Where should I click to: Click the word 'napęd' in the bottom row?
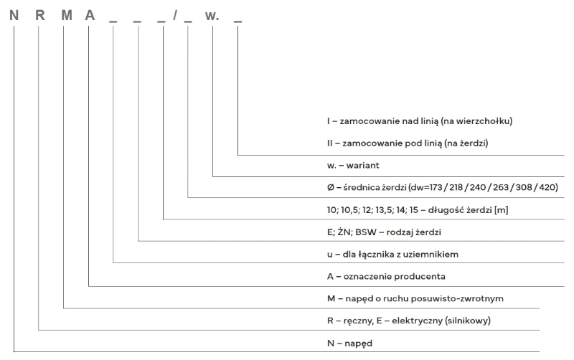(357, 344)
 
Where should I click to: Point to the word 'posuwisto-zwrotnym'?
(449, 298)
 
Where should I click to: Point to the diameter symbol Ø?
(330, 187)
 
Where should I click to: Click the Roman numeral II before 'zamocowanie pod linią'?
(329, 143)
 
